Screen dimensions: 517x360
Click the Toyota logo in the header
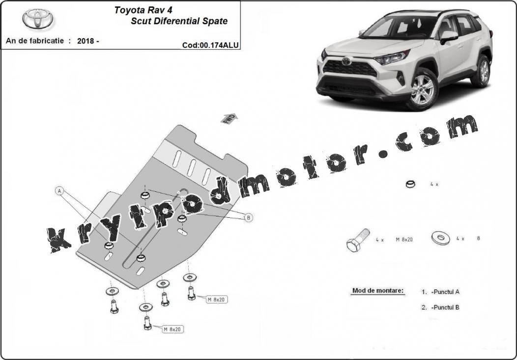click(x=37, y=19)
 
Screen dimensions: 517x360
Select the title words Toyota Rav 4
click(x=143, y=10)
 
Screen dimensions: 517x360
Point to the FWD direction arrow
click(x=229, y=119)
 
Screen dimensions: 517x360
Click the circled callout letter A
click(x=59, y=191)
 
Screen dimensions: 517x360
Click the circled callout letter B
click(x=249, y=217)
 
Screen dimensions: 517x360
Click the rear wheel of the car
click(x=483, y=71)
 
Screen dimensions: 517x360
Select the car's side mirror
click(x=448, y=36)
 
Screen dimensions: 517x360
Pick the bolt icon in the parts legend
click(x=358, y=240)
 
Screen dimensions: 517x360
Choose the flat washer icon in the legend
click(x=440, y=238)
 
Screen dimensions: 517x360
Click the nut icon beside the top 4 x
click(x=410, y=184)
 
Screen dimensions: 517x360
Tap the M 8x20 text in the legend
click(x=404, y=240)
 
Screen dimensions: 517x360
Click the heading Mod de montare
click(x=378, y=291)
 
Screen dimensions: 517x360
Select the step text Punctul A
click(x=445, y=292)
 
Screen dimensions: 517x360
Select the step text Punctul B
click(x=445, y=307)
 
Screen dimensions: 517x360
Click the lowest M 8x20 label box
click(x=173, y=329)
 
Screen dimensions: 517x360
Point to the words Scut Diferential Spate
click(x=179, y=21)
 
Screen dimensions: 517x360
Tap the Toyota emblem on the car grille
click(x=346, y=61)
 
